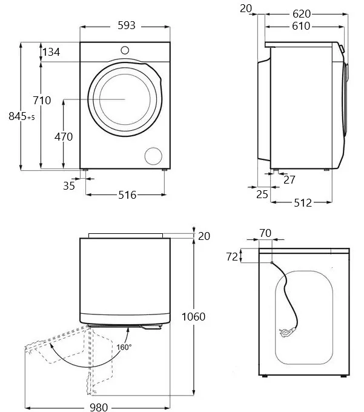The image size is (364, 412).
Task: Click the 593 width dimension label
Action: coord(127,25)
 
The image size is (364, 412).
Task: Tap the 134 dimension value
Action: coord(51,52)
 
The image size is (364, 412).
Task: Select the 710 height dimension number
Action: coord(42,101)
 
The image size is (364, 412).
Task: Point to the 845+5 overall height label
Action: coord(22,116)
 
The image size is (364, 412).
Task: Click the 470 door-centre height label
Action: coord(64,137)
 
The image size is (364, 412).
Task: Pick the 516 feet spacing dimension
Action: coord(127,195)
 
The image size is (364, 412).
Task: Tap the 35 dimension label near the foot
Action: coord(69,186)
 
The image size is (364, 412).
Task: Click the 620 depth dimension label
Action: coord(302,14)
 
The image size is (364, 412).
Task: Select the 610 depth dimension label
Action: coord(301,26)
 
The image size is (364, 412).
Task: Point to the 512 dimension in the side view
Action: coord(303,203)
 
